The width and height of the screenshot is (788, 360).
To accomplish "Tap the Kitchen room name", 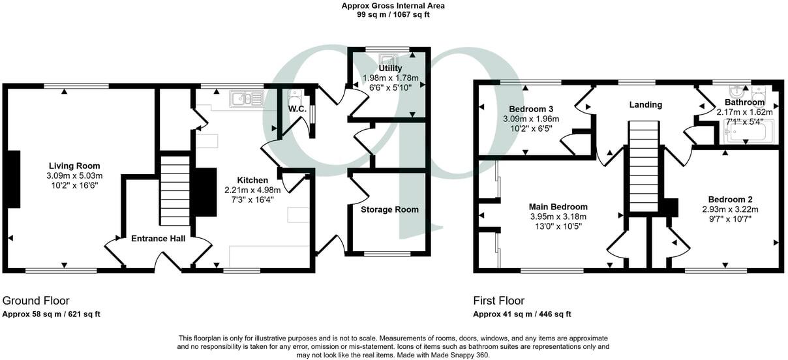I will click(x=252, y=180).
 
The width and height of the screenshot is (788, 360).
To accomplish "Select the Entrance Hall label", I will click(x=159, y=239).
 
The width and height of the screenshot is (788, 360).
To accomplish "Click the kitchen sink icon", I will click(x=246, y=99).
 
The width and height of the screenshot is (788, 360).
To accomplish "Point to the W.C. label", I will click(x=297, y=108).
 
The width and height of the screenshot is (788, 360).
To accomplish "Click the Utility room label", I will click(x=390, y=68).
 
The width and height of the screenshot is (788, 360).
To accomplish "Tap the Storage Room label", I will click(x=389, y=209).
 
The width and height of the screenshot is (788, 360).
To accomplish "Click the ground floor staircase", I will click(x=174, y=189).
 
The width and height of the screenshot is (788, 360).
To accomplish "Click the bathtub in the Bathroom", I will click(x=748, y=133).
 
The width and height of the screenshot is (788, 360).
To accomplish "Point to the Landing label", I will click(x=646, y=105).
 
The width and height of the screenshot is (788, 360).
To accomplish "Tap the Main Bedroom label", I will click(x=558, y=207).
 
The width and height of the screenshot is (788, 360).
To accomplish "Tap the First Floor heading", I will click(x=498, y=301).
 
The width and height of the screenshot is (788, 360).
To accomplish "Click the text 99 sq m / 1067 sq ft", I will click(x=393, y=14).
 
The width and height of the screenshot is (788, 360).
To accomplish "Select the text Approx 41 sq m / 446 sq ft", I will click(x=522, y=314).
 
